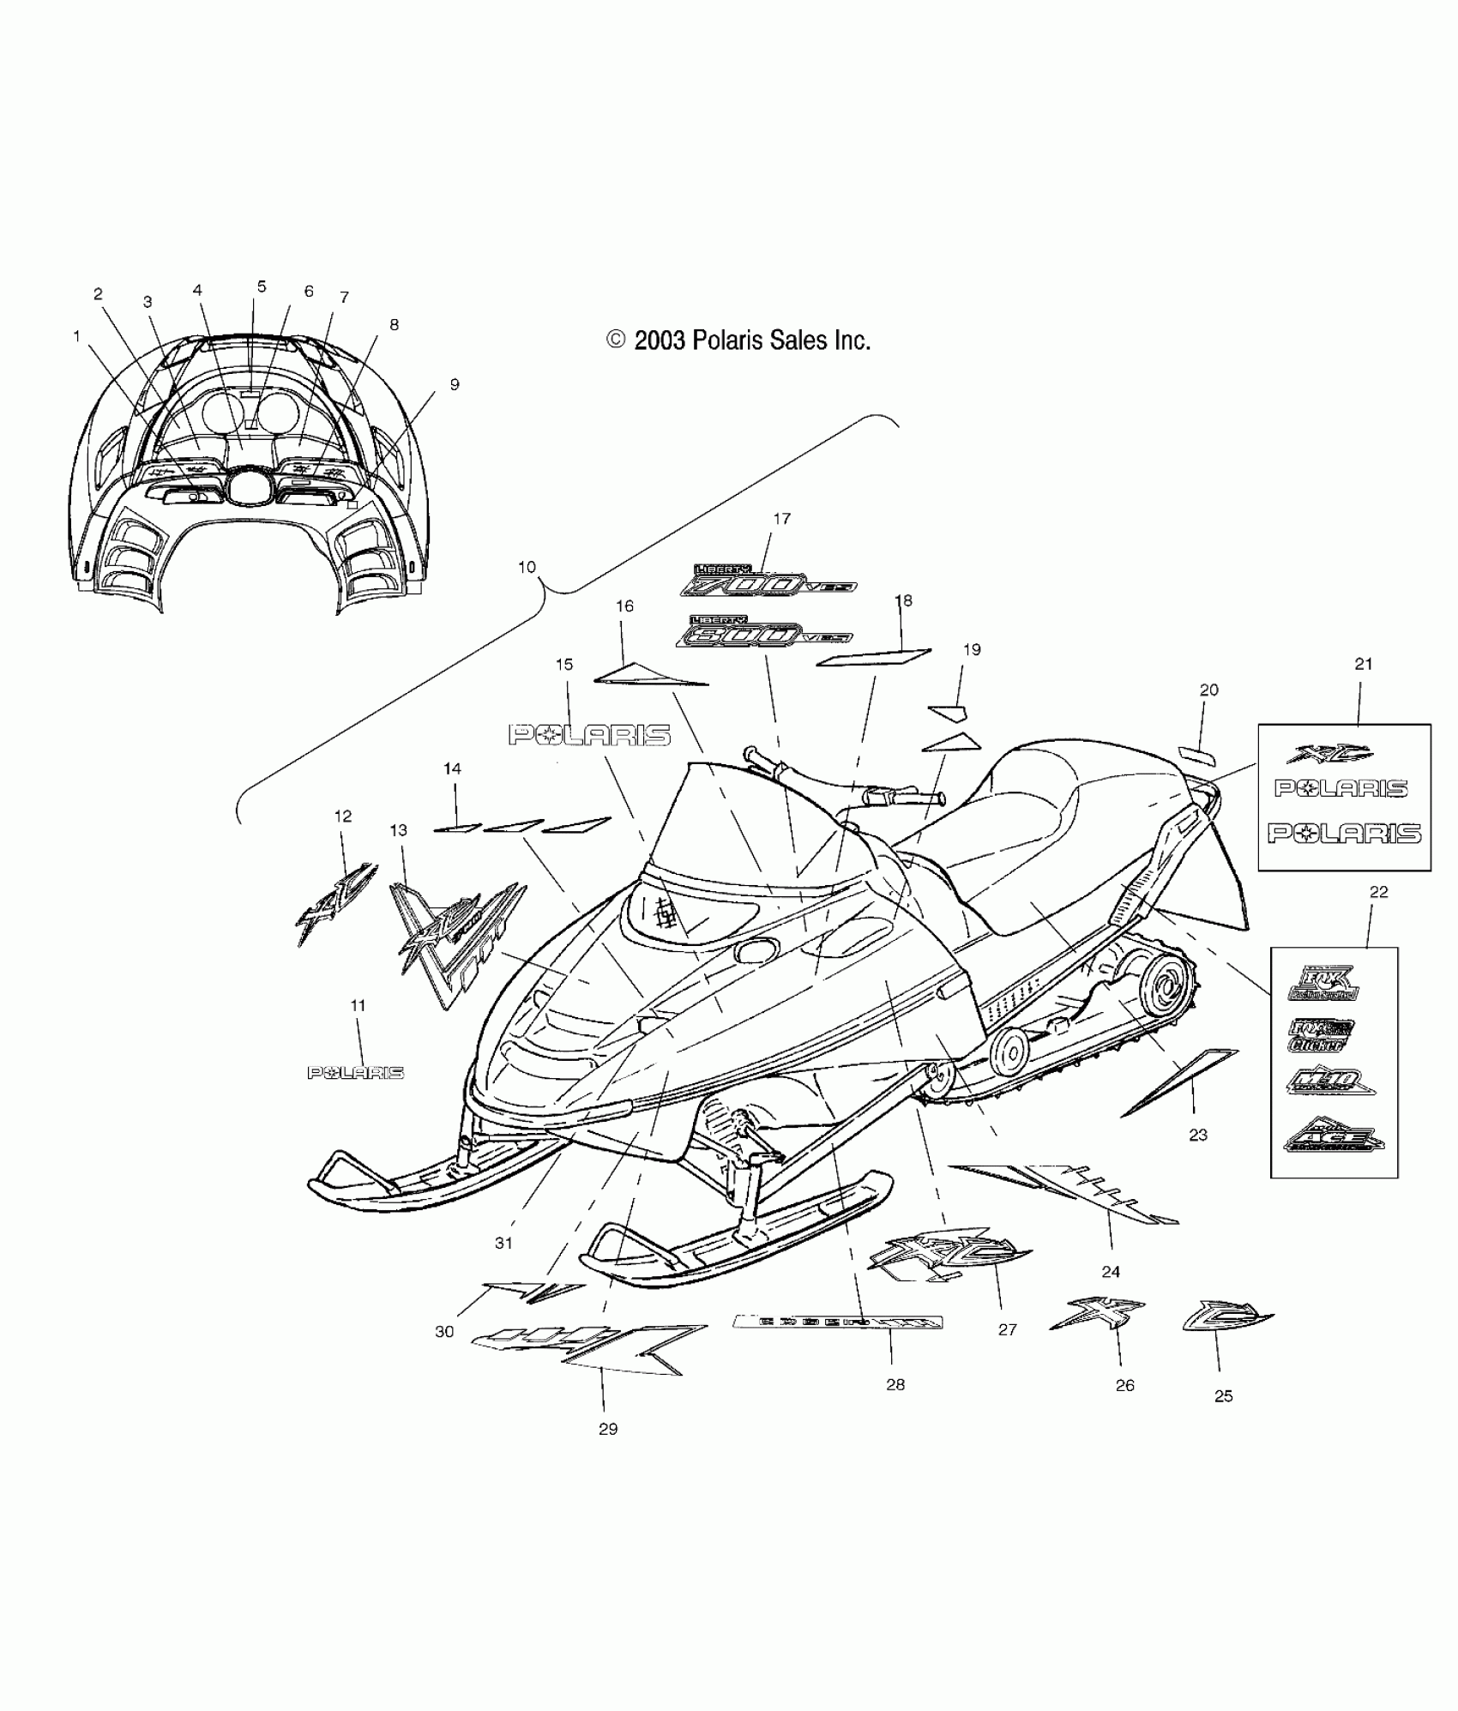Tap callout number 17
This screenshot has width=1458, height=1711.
781,519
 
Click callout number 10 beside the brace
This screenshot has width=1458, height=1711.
527,567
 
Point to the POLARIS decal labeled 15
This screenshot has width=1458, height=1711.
590,735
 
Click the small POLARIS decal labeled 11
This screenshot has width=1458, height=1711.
355,1073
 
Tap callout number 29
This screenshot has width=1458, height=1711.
608,1429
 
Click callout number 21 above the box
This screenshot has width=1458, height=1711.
1363,688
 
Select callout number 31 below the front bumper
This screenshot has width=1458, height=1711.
503,1243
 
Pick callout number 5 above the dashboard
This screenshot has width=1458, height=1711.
262,287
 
